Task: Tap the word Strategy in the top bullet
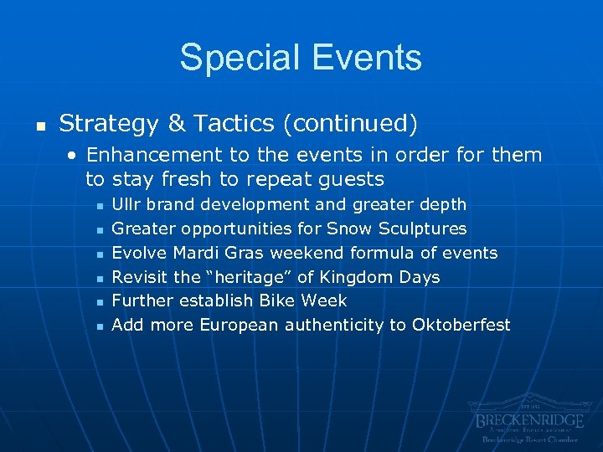pos(109,124)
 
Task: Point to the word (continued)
pos(349,125)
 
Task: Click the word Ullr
pos(126,204)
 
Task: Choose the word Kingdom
pos(358,277)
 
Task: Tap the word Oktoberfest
pos(461,325)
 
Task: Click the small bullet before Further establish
pos(99,301)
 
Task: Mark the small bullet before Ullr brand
pos(99,205)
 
